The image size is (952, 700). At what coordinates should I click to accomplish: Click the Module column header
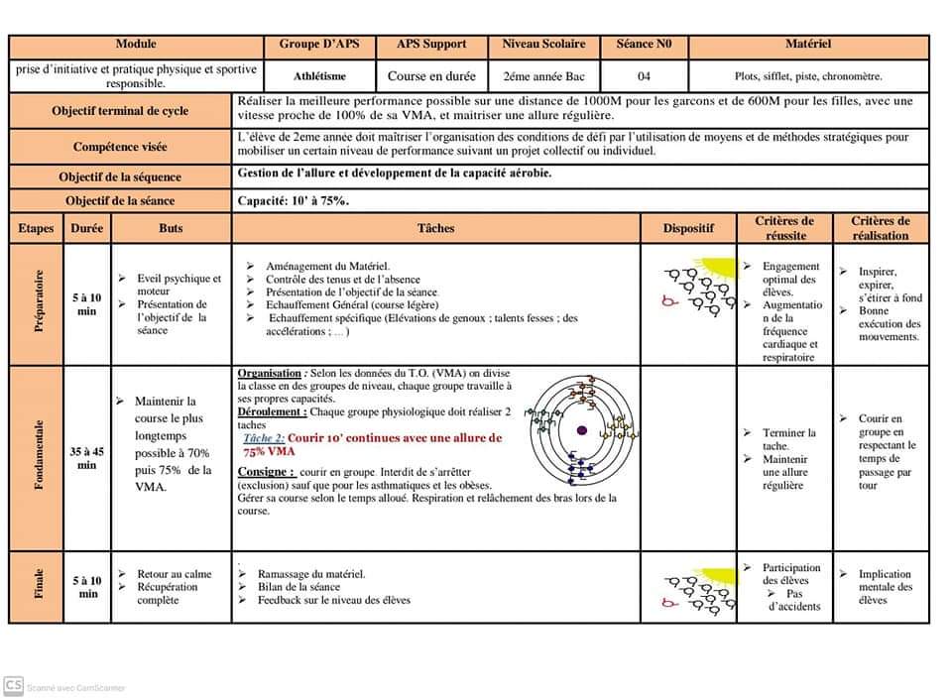136,45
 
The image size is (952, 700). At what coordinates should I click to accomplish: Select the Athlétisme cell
319,75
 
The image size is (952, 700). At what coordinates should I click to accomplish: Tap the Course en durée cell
431,75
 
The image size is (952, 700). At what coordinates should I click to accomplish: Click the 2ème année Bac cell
543,75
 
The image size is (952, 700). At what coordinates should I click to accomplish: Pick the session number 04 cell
644,75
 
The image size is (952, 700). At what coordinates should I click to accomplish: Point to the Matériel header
807,45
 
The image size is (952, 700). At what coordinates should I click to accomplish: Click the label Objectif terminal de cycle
120,111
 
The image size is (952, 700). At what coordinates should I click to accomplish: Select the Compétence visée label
120,147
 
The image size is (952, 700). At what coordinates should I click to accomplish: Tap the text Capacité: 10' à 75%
294,201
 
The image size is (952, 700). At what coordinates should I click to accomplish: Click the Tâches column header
435,228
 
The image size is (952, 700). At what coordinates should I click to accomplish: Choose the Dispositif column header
688,228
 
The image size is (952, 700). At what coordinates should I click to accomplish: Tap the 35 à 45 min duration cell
87,457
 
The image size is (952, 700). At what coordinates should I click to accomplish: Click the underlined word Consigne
266,472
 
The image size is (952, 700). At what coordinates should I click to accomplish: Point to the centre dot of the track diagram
582,429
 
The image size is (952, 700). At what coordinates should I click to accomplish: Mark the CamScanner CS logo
14,685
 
